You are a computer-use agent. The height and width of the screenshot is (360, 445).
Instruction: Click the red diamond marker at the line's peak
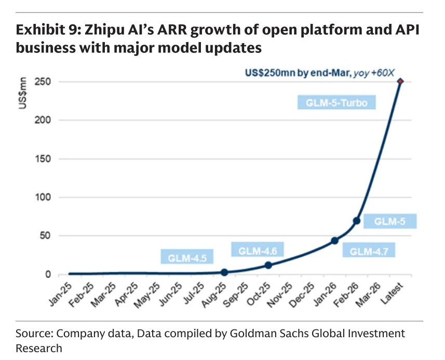pos(400,81)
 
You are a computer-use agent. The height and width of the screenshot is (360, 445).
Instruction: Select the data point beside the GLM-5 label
pos(357,221)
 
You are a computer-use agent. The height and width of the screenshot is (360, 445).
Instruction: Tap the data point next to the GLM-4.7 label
pos(334,241)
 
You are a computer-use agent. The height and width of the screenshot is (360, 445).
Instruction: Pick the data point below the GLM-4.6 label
pos(268,265)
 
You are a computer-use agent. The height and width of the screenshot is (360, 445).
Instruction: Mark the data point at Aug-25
pos(224,272)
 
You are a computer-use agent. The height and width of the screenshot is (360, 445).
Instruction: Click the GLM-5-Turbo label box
pos(336,102)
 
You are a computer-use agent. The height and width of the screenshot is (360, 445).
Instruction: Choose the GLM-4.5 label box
pos(187,257)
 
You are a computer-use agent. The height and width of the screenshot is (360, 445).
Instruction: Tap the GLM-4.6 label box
pos(258,250)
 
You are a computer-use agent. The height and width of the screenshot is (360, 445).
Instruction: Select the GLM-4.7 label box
pos(369,250)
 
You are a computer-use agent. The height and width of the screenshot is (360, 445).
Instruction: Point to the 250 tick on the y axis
pos(43,81)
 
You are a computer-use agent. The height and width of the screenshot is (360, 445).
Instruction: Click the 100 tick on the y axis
pos(43,197)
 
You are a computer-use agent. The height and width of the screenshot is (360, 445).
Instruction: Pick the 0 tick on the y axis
pos(48,274)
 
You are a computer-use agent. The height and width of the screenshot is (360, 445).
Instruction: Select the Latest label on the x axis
pos(392,294)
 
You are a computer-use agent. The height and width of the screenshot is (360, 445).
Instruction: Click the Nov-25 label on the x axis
pos(279,295)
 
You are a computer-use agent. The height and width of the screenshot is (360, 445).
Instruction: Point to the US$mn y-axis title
pos(22,93)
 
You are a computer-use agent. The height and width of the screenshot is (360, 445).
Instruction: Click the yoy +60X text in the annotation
pos(374,73)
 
